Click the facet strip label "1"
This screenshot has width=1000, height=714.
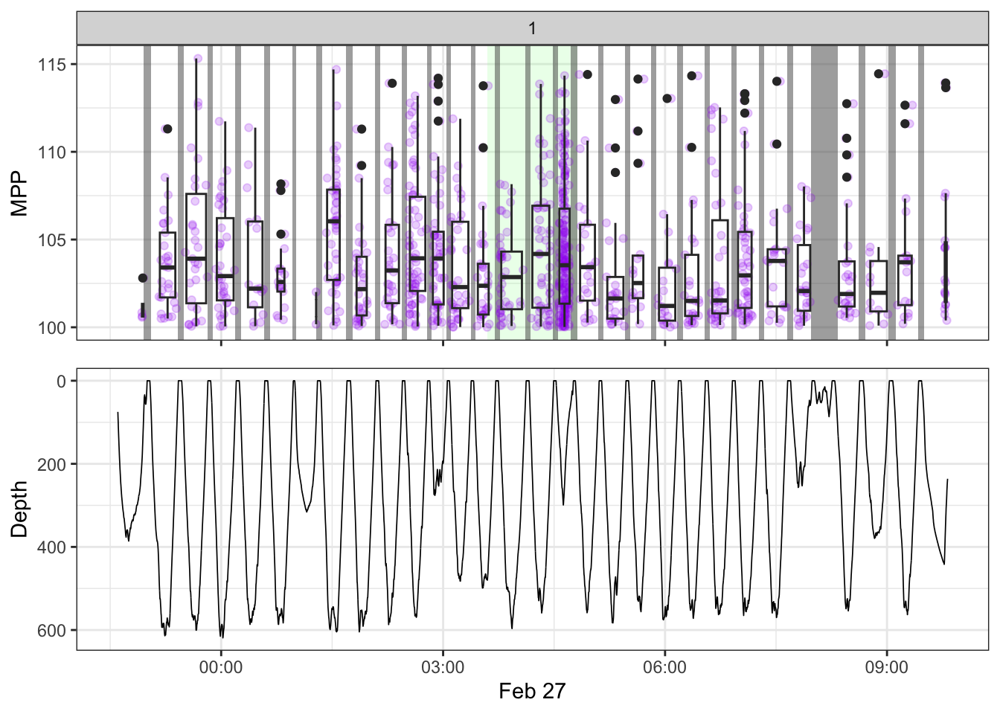tap(532, 28)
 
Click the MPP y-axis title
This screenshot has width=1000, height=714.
tap(19, 193)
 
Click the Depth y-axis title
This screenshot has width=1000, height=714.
tap(19, 509)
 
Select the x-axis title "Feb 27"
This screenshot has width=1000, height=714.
tap(532, 691)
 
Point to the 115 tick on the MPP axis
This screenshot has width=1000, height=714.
tap(52, 65)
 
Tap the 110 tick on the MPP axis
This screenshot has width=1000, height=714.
tap(52, 152)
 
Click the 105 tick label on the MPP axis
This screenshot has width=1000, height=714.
tap(52, 240)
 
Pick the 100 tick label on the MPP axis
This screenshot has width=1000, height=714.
tap(52, 328)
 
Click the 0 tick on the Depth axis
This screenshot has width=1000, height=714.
tap(62, 382)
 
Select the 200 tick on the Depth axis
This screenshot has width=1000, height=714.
tap(52, 464)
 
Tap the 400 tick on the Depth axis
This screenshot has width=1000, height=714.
tap(52, 547)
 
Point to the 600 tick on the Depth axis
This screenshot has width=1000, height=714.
tap(52, 631)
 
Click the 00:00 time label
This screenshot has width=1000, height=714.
tap(221, 667)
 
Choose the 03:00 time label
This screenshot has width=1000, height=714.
tap(443, 667)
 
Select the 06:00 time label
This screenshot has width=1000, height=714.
tap(664, 667)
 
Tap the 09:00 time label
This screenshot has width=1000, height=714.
tap(886, 667)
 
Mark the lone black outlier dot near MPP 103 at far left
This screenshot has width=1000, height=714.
tap(143, 278)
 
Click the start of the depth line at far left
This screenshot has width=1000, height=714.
tap(118, 413)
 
